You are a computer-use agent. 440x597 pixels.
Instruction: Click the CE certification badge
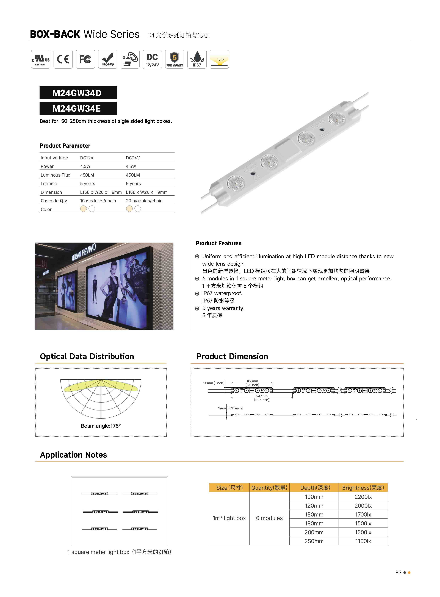point(63,59)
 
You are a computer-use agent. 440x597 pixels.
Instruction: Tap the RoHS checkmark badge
point(108,59)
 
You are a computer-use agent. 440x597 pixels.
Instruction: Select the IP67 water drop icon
point(197,59)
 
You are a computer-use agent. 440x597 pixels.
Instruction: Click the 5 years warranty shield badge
point(175,59)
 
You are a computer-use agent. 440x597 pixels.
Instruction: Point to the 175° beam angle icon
point(219,59)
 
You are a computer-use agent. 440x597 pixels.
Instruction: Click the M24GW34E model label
point(78,109)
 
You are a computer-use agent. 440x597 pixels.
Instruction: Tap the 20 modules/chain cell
point(144,201)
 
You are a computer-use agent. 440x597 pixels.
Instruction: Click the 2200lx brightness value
point(363,497)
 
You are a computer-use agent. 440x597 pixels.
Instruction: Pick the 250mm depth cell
point(314,541)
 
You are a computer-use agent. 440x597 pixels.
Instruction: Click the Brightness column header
point(363,488)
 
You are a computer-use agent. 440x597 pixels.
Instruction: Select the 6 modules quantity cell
point(269,518)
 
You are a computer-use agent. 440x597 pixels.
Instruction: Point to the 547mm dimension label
point(262,396)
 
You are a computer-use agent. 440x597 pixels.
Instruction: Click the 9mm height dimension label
point(222,408)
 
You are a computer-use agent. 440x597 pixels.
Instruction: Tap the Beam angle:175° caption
point(101,426)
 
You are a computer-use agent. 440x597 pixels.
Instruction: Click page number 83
point(398,573)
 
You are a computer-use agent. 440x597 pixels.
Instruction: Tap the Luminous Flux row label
point(55,175)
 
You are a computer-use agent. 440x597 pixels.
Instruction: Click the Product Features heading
point(218,243)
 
